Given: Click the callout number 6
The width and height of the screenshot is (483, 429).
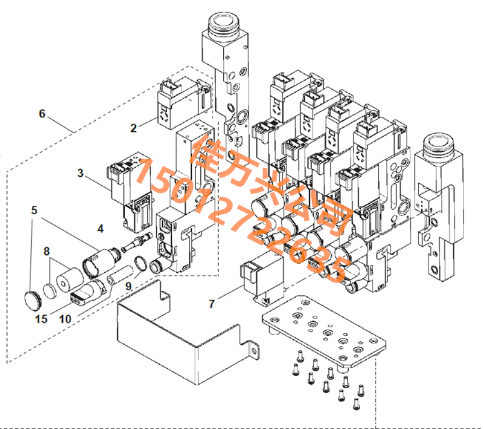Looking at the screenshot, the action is [42, 114].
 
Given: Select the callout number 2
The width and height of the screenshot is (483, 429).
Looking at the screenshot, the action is [133, 128].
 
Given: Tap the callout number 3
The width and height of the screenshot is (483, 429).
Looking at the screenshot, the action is [81, 173].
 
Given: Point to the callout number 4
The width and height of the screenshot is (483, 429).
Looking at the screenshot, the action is [101, 229].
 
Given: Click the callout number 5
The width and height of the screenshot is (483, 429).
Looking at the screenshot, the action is [34, 210].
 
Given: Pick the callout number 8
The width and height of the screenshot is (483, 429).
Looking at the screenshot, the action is [46, 251].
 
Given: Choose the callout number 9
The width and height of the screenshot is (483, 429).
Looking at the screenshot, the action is [129, 286].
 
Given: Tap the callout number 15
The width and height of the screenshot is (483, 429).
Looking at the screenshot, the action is [41, 319].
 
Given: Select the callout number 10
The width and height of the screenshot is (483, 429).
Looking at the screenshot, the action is [66, 319].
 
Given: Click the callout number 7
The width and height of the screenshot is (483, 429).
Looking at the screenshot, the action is [212, 304].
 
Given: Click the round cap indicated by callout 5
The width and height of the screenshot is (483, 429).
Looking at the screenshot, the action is [32, 300].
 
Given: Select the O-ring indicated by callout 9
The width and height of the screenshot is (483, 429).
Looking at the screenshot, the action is [141, 264].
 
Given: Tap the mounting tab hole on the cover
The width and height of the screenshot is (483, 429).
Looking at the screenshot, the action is [254, 351].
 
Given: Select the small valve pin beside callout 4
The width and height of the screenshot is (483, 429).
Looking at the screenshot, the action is [137, 242].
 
